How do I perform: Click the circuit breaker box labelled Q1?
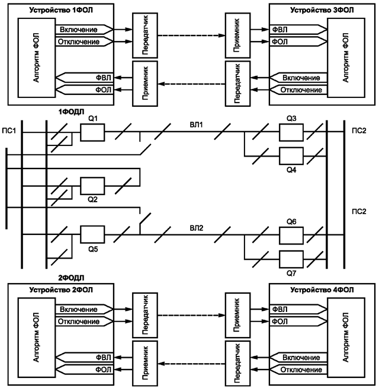[92, 133]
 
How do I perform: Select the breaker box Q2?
[92, 186]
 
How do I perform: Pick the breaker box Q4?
[291, 156]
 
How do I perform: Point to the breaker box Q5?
[92, 234]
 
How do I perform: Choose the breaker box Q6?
[291, 234]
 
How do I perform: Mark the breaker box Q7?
[291, 258]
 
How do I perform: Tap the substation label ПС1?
[9, 130]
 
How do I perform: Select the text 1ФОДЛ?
[70, 111]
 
